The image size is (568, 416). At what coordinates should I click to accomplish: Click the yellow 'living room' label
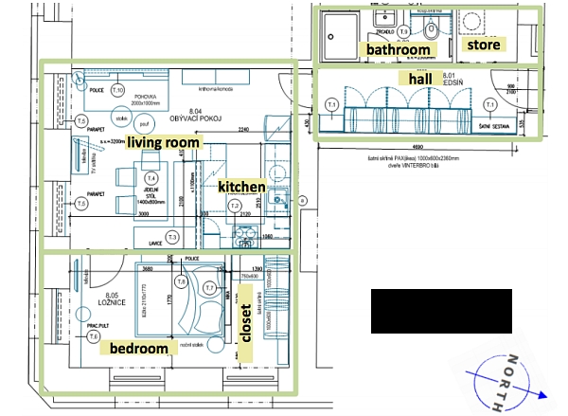(164, 142)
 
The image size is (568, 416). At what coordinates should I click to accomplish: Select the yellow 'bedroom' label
(138, 348)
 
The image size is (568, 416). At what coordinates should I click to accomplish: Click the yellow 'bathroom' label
(399, 48)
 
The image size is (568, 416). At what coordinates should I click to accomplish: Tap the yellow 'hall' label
(418, 78)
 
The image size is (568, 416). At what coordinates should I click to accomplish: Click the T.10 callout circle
(117, 90)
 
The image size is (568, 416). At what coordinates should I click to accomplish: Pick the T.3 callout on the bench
(172, 236)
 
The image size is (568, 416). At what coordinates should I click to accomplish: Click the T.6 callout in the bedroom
(180, 281)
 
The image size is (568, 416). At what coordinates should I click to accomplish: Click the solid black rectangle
(440, 311)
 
